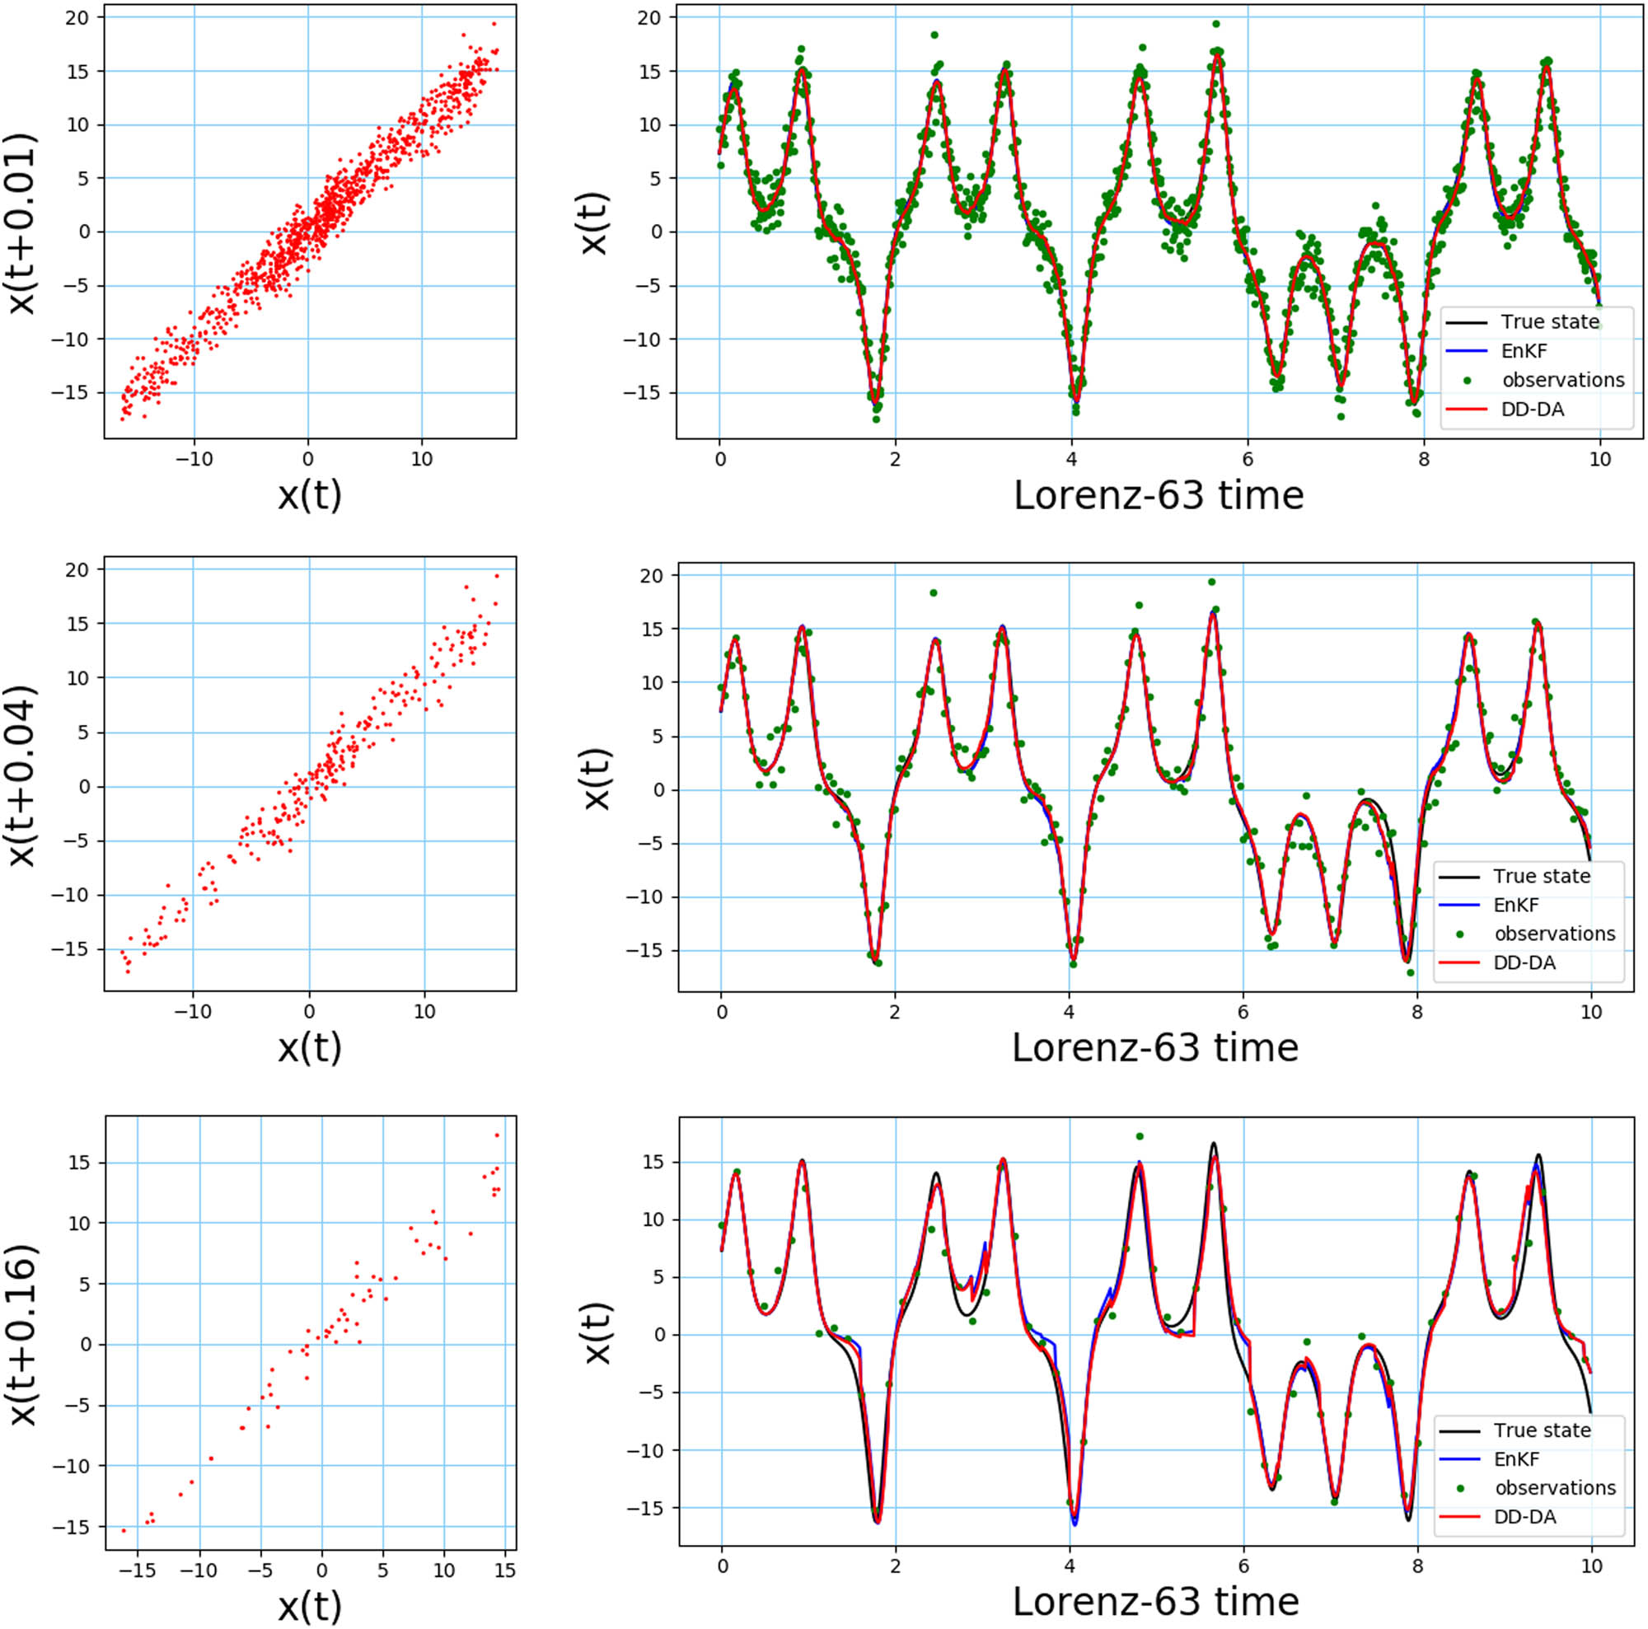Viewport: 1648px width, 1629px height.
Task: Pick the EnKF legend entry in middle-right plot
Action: [1516, 905]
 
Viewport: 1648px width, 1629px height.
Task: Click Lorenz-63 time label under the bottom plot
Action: [1155, 1602]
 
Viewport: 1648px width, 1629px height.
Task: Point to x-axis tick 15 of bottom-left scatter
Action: [505, 1570]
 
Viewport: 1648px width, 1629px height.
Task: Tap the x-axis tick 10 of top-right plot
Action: [1600, 460]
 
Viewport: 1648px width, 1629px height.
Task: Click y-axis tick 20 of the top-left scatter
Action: [82, 17]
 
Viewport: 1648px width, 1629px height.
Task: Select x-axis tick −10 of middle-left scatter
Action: [193, 1013]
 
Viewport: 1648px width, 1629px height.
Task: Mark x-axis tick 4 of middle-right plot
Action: [1069, 1013]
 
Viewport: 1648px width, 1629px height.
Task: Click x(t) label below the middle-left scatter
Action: [310, 1047]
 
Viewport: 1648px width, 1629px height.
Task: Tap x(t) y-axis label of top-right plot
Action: [595, 223]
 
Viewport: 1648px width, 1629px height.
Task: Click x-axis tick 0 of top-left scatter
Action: [308, 460]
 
